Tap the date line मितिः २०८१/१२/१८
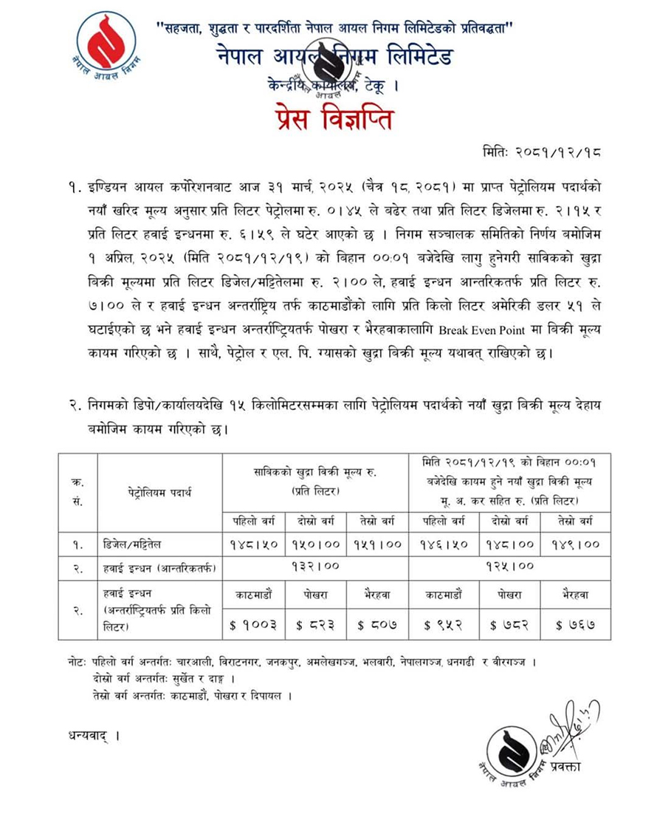[x=537, y=153]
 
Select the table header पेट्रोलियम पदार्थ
[x=159, y=491]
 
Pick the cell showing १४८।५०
[x=252, y=544]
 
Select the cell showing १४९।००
[x=571, y=544]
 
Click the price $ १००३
[x=253, y=625]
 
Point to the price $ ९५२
[x=443, y=625]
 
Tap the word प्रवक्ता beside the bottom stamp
[x=563, y=766]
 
